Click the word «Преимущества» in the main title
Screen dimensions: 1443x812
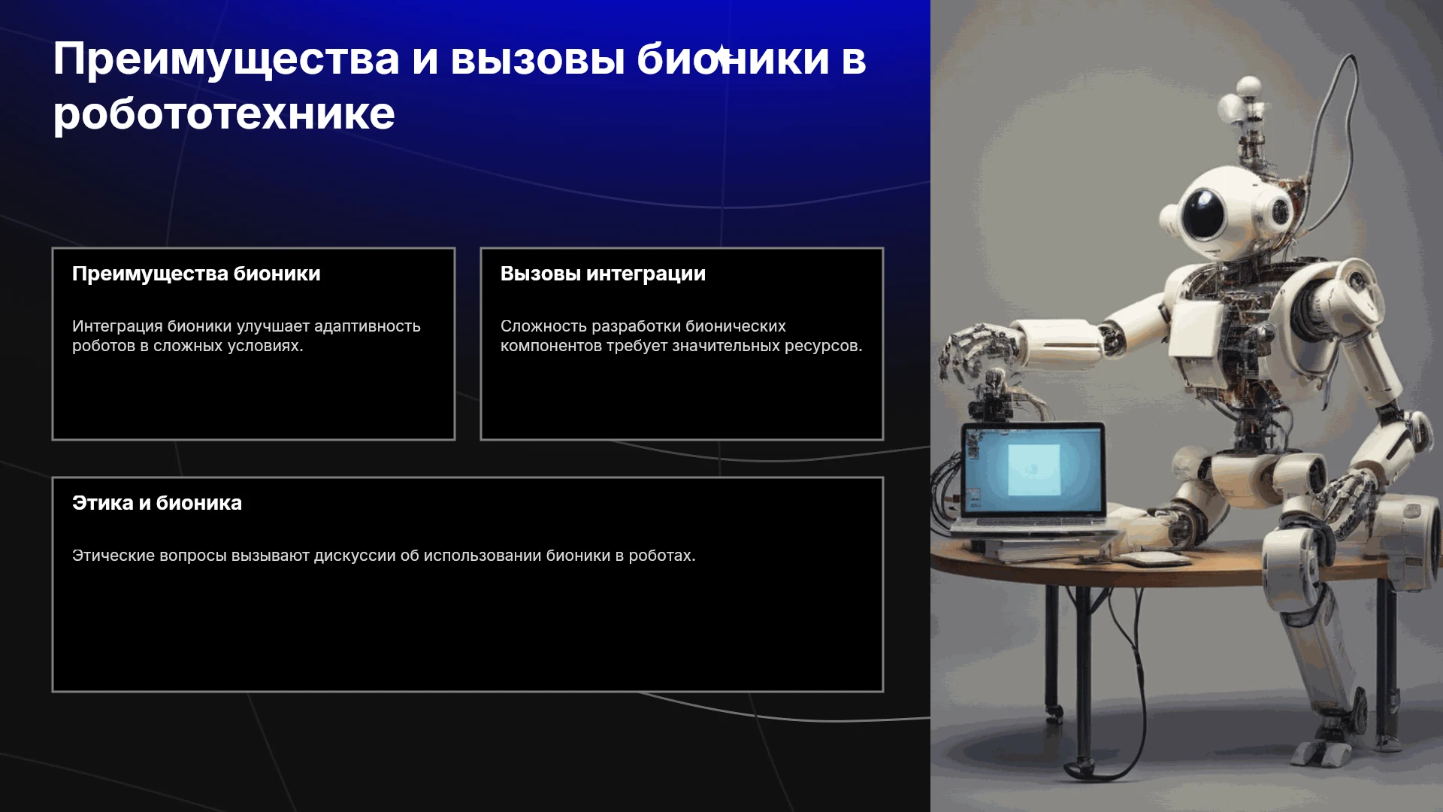226,59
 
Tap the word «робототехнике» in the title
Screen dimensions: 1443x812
224,114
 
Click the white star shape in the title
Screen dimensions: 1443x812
721,54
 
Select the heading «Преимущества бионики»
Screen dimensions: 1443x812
196,274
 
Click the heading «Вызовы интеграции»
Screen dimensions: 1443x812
603,274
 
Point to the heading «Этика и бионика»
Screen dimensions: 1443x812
157,503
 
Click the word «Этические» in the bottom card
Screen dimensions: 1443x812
113,556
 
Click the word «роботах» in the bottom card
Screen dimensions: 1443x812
661,556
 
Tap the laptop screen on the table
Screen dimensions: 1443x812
1033,469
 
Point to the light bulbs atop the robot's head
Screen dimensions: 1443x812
1241,98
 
